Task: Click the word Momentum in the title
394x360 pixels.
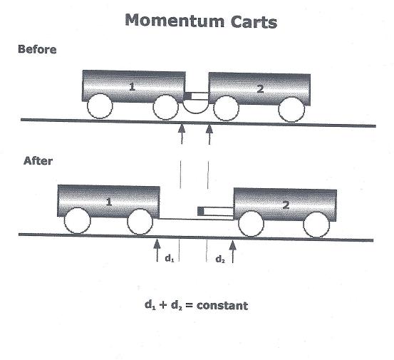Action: (175, 21)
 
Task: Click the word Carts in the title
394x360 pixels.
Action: (254, 21)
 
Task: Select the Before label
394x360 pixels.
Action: (37, 49)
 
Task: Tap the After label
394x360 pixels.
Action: (38, 161)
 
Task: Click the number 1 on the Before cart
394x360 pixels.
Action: (132, 87)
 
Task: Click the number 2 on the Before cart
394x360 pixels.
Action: (260, 89)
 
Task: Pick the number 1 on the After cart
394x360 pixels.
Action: (109, 202)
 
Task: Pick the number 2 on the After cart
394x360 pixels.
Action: (286, 205)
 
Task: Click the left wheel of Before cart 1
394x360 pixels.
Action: (100, 106)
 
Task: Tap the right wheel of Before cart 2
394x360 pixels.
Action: (291, 109)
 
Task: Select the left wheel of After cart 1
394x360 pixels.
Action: (77, 221)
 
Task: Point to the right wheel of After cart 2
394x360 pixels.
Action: (316, 225)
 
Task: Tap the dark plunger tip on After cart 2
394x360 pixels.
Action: (200, 211)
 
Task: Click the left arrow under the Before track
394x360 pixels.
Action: (182, 133)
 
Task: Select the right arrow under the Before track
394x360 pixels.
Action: (209, 134)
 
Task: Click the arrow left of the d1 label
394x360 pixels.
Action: (157, 250)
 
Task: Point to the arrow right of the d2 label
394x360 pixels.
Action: (233, 252)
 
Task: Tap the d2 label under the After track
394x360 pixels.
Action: (220, 259)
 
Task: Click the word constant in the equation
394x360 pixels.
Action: (222, 306)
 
